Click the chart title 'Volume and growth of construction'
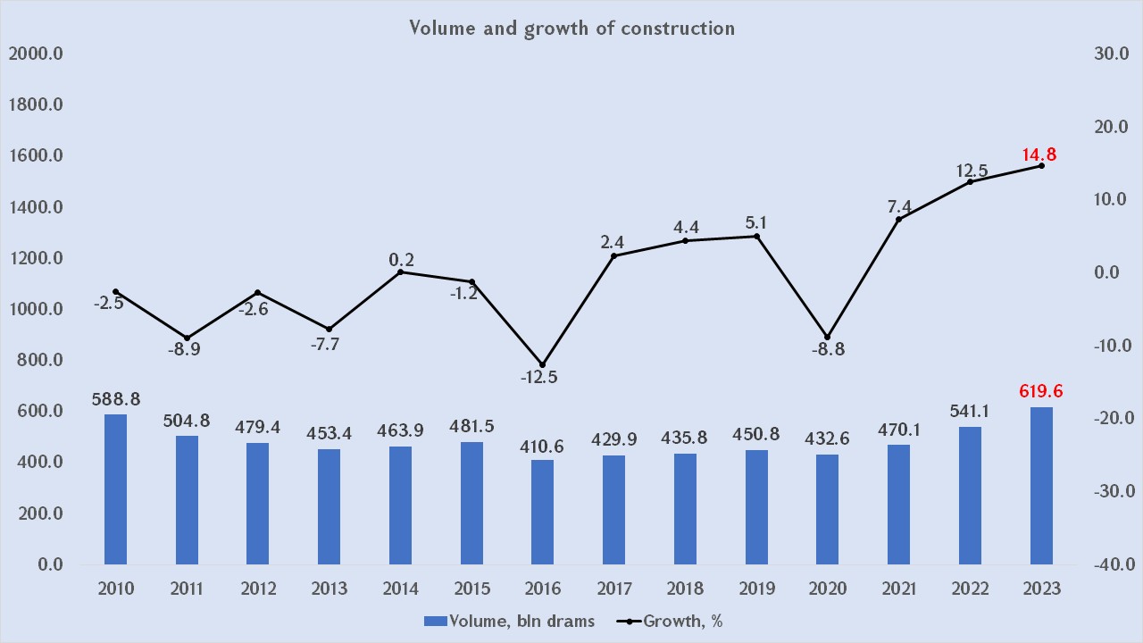[571, 28]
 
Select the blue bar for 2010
[115, 489]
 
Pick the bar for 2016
[542, 512]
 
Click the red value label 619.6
[1041, 391]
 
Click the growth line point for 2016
[542, 364]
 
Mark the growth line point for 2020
[827, 338]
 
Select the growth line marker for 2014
[400, 271]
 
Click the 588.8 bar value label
[116, 399]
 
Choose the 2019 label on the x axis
[756, 589]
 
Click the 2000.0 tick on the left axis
[36, 54]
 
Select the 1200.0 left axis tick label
[36, 259]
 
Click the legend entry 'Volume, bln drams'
[509, 622]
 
